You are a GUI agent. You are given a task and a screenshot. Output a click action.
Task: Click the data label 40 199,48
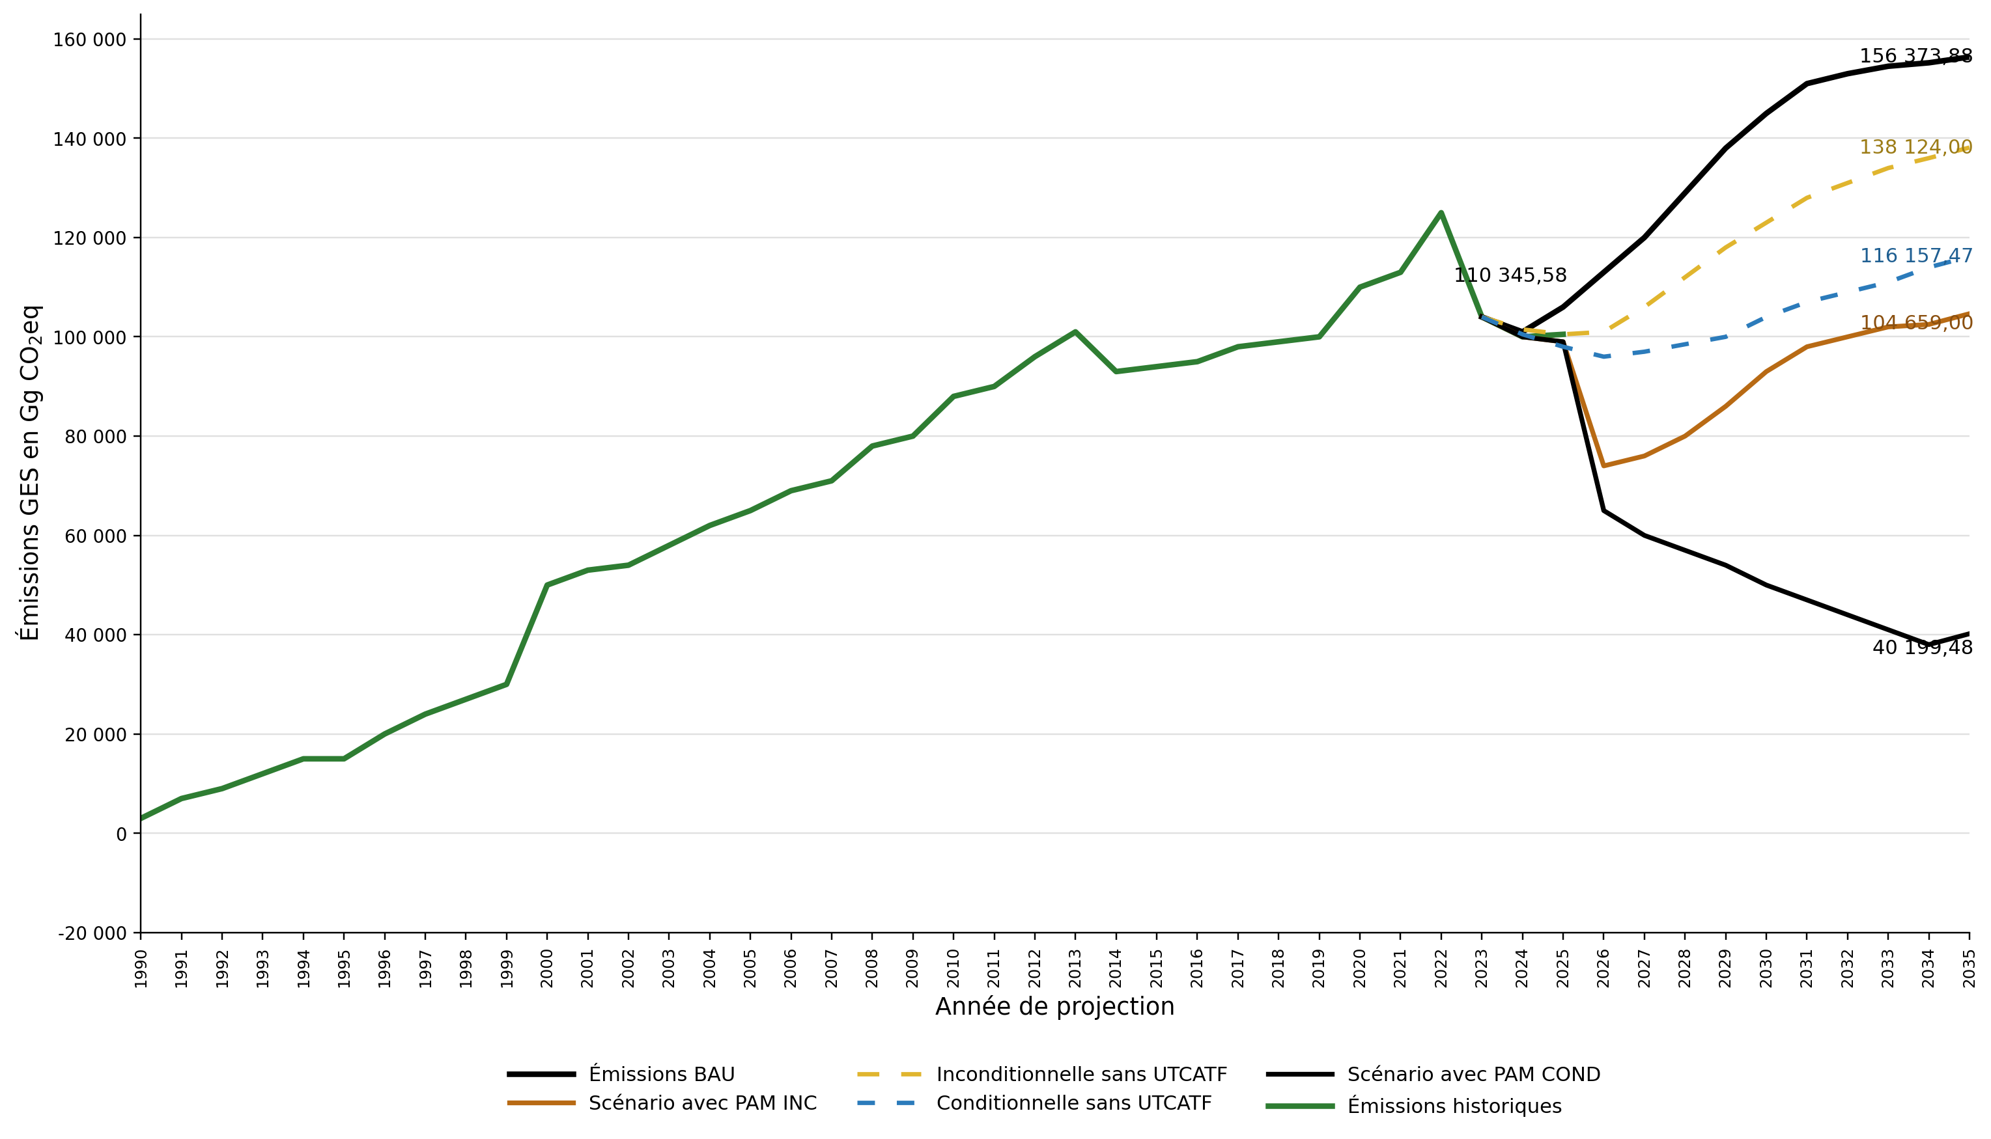coord(1921,648)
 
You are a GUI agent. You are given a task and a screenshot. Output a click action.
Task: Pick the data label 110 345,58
coord(1510,275)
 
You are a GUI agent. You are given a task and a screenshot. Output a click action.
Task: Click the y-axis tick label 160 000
coord(89,40)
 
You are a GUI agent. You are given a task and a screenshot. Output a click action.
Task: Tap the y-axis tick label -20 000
coord(92,934)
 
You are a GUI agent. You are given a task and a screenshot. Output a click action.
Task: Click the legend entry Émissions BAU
coord(661,1075)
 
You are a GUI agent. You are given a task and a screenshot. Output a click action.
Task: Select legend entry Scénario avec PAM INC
coord(702,1103)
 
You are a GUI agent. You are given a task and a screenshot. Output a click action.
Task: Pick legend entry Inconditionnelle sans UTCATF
coord(1080,1075)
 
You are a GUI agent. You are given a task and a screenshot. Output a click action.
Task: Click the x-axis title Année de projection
coord(1054,1007)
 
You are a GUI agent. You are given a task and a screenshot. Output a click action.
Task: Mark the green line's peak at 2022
coord(1441,213)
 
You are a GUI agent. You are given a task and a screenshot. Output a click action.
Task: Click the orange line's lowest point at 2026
coord(1603,465)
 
